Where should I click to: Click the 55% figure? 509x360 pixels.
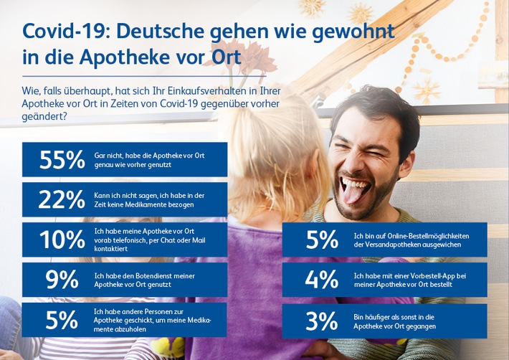[x=61, y=160]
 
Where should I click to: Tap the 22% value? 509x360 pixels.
[x=61, y=200]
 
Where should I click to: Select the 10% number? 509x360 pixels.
[x=61, y=240]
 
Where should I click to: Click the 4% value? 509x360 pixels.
[x=322, y=280]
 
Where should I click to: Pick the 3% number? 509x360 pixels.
[x=322, y=321]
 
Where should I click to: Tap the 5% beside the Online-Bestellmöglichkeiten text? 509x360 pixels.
[x=322, y=240]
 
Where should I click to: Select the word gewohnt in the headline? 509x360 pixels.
[x=356, y=32]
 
